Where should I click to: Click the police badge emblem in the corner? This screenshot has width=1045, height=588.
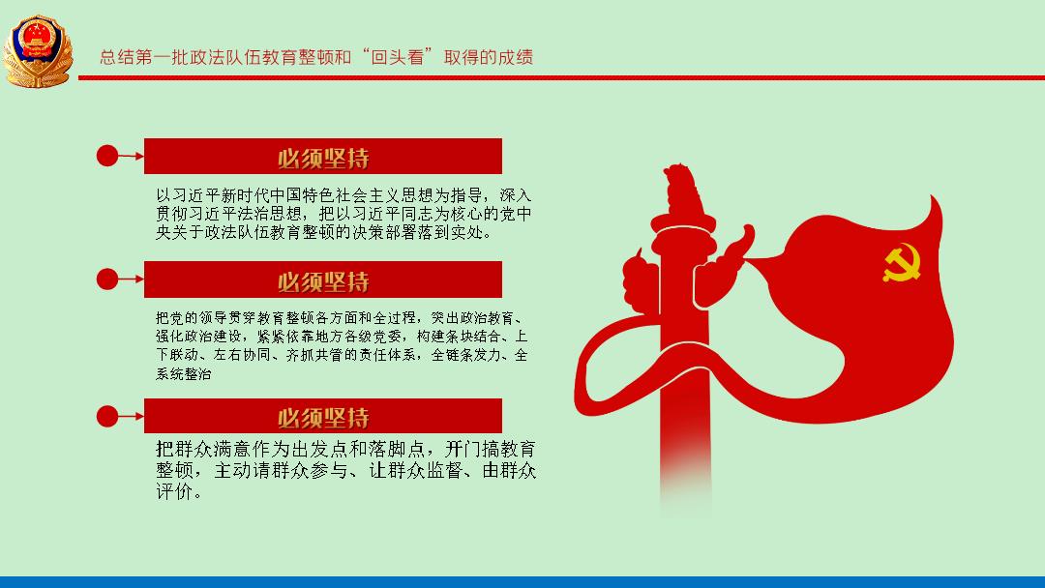pos(38,52)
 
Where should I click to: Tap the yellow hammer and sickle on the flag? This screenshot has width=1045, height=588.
pos(903,262)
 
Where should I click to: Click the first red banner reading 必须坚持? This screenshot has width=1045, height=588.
pos(322,157)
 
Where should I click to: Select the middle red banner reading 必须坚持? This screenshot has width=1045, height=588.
pos(322,279)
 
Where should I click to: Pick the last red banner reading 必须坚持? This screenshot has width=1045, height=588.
pos(322,416)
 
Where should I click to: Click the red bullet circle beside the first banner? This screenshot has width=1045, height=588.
pos(107,156)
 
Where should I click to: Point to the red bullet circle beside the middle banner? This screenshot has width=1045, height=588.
pos(107,279)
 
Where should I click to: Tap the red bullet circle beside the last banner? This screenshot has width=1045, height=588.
pos(107,416)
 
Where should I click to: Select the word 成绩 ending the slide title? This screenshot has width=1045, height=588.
pos(515,57)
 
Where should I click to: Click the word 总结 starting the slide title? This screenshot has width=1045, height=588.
pos(117,57)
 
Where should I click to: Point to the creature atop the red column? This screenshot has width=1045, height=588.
pos(681,189)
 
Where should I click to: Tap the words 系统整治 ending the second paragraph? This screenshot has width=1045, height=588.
pos(183,373)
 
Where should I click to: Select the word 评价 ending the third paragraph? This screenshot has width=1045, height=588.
pos(176,491)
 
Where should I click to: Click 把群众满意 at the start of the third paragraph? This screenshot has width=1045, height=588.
pos(204,449)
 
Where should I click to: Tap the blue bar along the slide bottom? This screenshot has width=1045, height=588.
pos(522,582)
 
